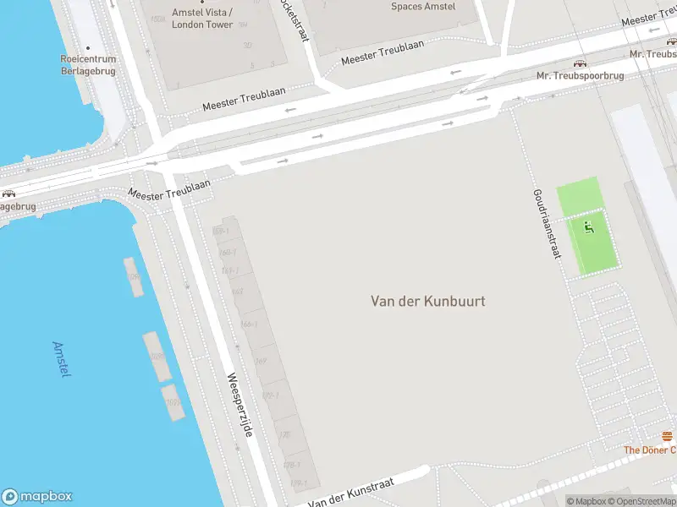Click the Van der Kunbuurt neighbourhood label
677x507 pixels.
click(428, 301)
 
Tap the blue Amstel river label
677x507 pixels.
click(61, 359)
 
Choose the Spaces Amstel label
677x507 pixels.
click(423, 7)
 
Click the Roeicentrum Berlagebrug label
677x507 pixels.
click(88, 66)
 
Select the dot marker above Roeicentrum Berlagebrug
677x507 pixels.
click(88, 47)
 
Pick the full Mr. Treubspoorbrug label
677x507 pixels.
click(580, 76)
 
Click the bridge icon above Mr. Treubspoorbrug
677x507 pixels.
click(580, 63)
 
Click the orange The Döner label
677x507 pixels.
click(649, 450)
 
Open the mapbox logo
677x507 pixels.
click(37, 497)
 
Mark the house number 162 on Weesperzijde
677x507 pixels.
click(238, 292)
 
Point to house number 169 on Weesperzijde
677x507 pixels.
click(261, 362)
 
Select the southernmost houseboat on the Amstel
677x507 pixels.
click(173, 403)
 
